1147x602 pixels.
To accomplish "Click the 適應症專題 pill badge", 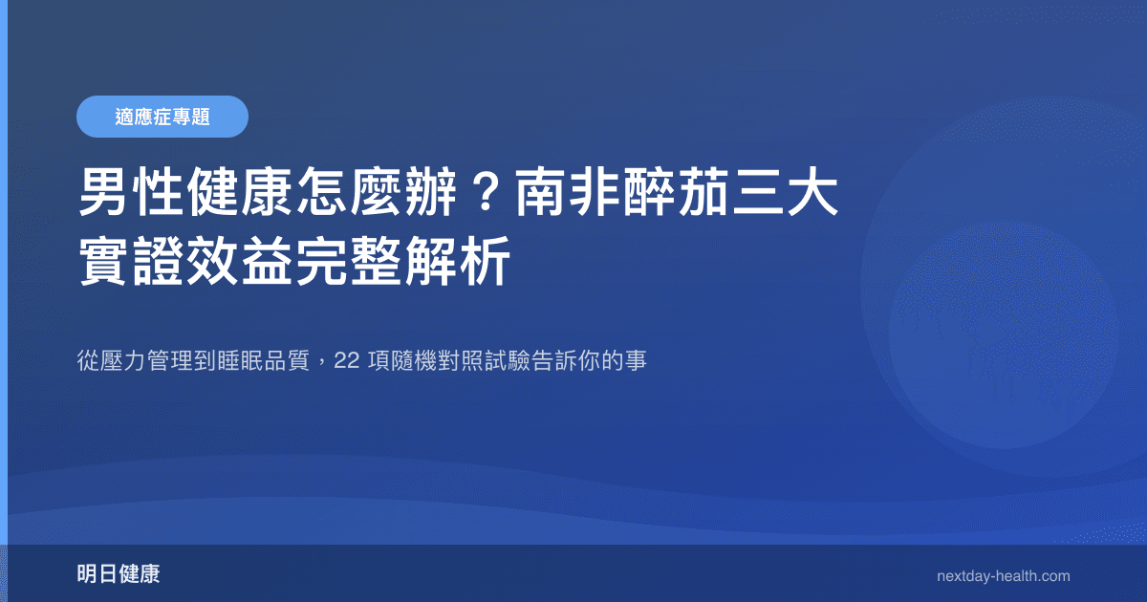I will click(162, 117).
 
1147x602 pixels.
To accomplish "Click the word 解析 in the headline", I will click(453, 260).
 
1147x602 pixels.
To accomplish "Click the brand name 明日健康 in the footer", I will click(119, 574).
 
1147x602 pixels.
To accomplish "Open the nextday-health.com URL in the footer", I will click(1003, 576).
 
